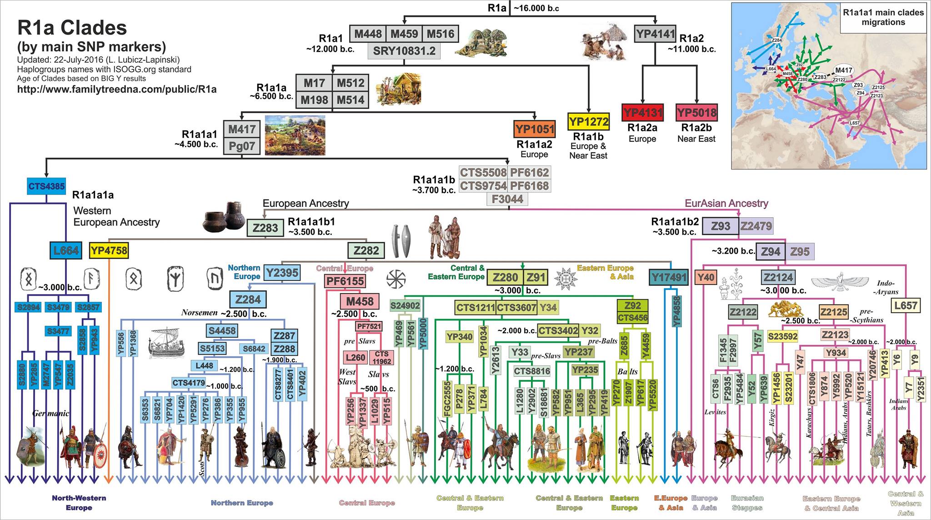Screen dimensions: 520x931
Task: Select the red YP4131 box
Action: (x=642, y=112)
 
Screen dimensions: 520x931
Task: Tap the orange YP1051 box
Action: (x=535, y=129)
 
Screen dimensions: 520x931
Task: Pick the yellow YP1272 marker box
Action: (x=588, y=121)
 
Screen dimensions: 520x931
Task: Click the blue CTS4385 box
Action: (x=46, y=186)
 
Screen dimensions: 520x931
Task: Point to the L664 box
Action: (x=66, y=250)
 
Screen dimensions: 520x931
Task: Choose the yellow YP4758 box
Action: (x=109, y=250)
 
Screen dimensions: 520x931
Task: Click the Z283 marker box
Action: (x=265, y=227)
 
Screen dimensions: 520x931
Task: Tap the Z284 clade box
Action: (x=248, y=300)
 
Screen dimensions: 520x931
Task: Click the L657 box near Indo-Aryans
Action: (x=906, y=305)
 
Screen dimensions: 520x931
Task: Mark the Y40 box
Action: (x=706, y=277)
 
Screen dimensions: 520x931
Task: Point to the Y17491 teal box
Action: (x=668, y=277)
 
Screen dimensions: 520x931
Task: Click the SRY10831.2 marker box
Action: (x=404, y=51)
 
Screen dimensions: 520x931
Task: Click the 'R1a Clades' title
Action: (x=72, y=28)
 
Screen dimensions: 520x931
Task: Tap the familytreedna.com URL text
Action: (x=117, y=89)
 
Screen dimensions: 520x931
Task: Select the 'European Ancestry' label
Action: (x=305, y=203)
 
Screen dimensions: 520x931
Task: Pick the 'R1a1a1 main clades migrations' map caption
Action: (x=883, y=17)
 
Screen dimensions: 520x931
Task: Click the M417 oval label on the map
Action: (x=844, y=70)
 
